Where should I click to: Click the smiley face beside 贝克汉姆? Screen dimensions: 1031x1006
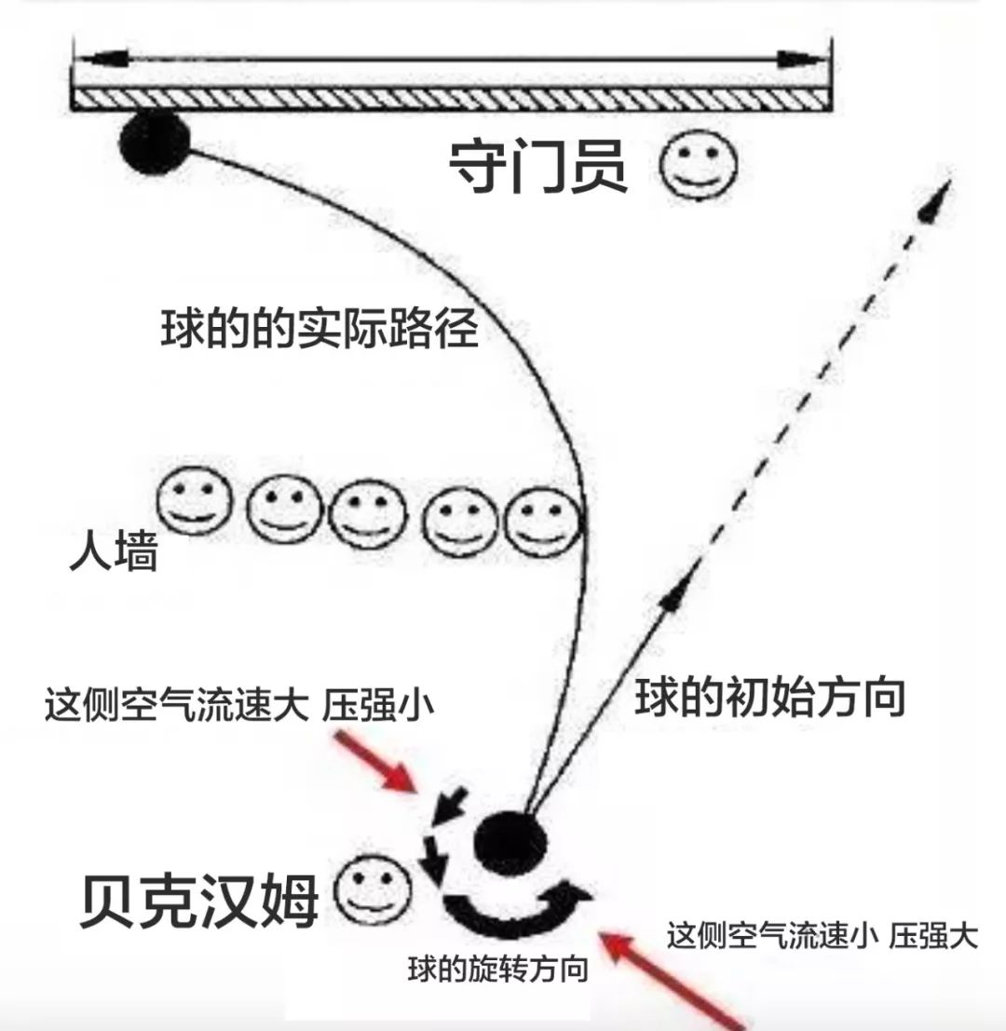pyautogui.click(x=373, y=891)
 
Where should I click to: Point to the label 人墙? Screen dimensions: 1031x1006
pyautogui.click(x=114, y=553)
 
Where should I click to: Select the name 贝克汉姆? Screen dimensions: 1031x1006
pyautogui.click(x=199, y=901)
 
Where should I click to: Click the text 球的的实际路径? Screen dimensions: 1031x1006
pyautogui.click(x=319, y=328)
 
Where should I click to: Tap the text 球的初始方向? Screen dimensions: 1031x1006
pyautogui.click(x=770, y=698)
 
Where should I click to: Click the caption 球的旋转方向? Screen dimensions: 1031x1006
pyautogui.click(x=498, y=970)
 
